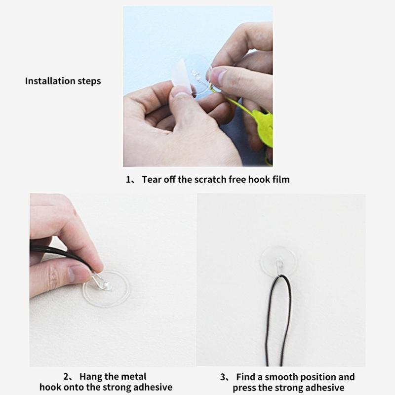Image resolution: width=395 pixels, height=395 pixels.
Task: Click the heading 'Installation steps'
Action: click(63, 81)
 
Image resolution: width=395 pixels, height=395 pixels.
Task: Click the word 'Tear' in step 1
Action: click(151, 179)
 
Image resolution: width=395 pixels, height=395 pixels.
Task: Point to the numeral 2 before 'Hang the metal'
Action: click(66, 377)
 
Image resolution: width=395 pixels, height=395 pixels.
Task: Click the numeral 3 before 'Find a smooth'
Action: click(223, 377)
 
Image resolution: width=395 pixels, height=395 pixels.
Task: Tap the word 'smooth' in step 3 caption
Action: click(287, 377)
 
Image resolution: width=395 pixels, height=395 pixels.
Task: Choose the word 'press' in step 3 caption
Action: click(245, 388)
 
